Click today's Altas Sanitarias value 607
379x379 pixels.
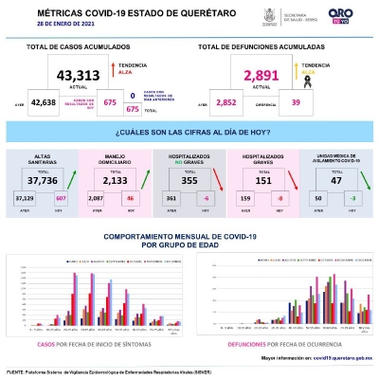pyautogui.click(x=62, y=198)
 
